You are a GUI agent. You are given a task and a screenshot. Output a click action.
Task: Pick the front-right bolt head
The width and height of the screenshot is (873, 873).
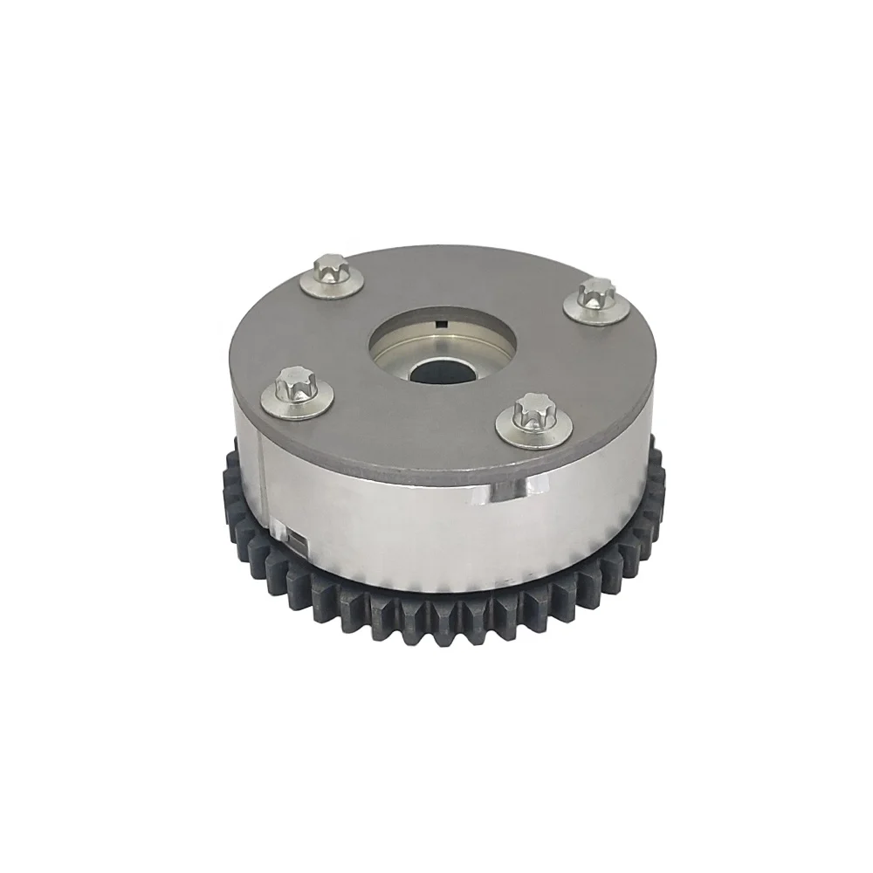530,409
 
